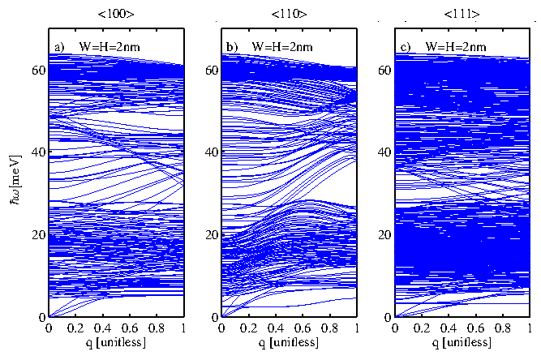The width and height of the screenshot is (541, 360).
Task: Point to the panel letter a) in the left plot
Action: tap(58, 46)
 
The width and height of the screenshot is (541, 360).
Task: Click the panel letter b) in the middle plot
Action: tap(231, 46)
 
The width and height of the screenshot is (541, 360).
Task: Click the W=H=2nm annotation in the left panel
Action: tap(109, 46)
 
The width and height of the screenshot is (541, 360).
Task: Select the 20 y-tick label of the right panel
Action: tap(382, 234)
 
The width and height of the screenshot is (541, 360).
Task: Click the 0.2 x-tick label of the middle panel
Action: tap(248, 329)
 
